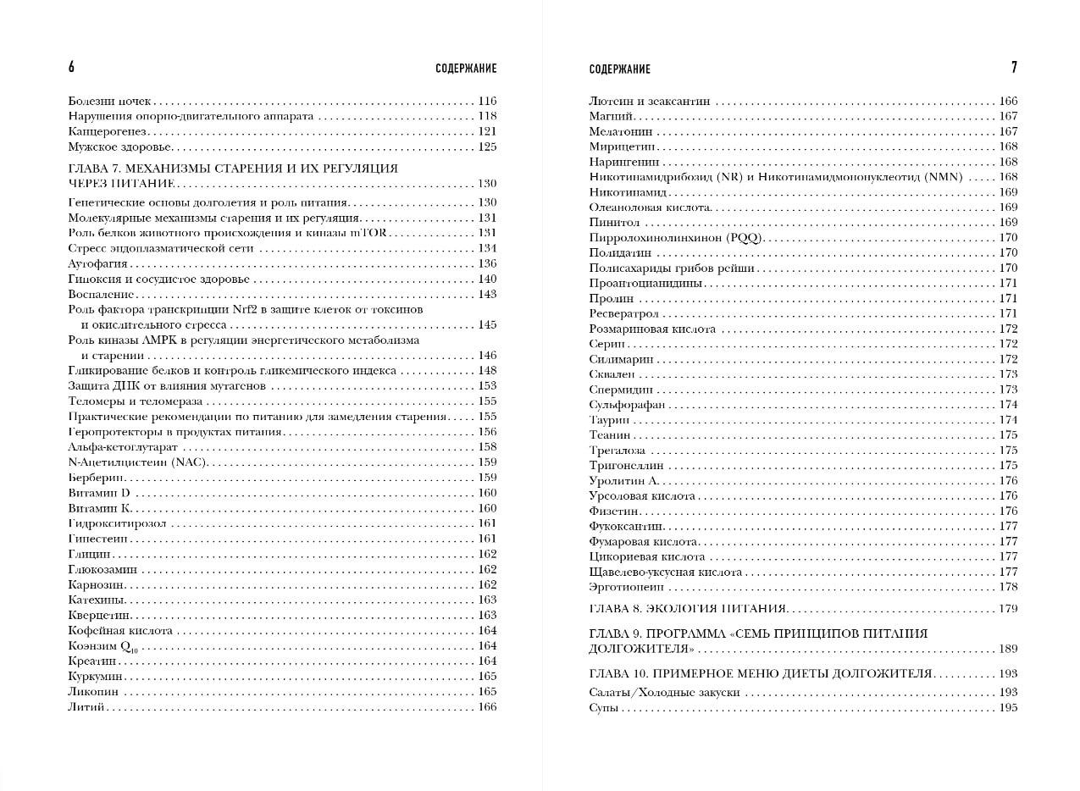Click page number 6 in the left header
(x=71, y=68)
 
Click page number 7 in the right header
(x=1014, y=68)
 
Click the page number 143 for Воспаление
(x=487, y=295)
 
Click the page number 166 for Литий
(x=487, y=707)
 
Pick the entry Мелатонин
(x=621, y=131)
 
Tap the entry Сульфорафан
(x=627, y=405)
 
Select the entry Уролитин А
(x=623, y=481)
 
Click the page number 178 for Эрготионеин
(x=1008, y=587)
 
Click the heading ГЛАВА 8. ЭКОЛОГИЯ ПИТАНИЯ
(x=688, y=609)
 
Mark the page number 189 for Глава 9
(x=1008, y=649)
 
